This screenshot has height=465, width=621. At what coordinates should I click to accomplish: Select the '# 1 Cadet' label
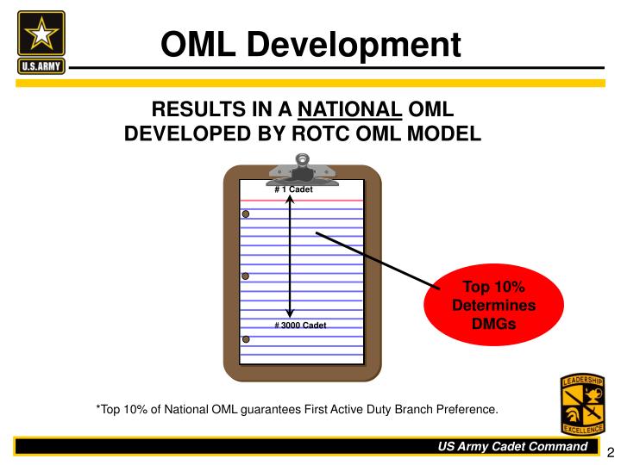293,189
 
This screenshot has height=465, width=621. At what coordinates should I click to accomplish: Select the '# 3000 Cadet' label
300,325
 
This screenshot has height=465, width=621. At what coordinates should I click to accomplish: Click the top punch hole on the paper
246,214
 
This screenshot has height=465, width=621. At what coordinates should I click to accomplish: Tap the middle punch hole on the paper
246,276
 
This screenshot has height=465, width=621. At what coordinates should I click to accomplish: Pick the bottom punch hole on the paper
246,340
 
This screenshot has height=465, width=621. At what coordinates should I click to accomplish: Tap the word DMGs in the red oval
494,325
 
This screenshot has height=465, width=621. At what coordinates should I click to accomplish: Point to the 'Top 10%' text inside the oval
494,287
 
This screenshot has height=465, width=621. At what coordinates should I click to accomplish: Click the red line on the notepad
302,200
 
